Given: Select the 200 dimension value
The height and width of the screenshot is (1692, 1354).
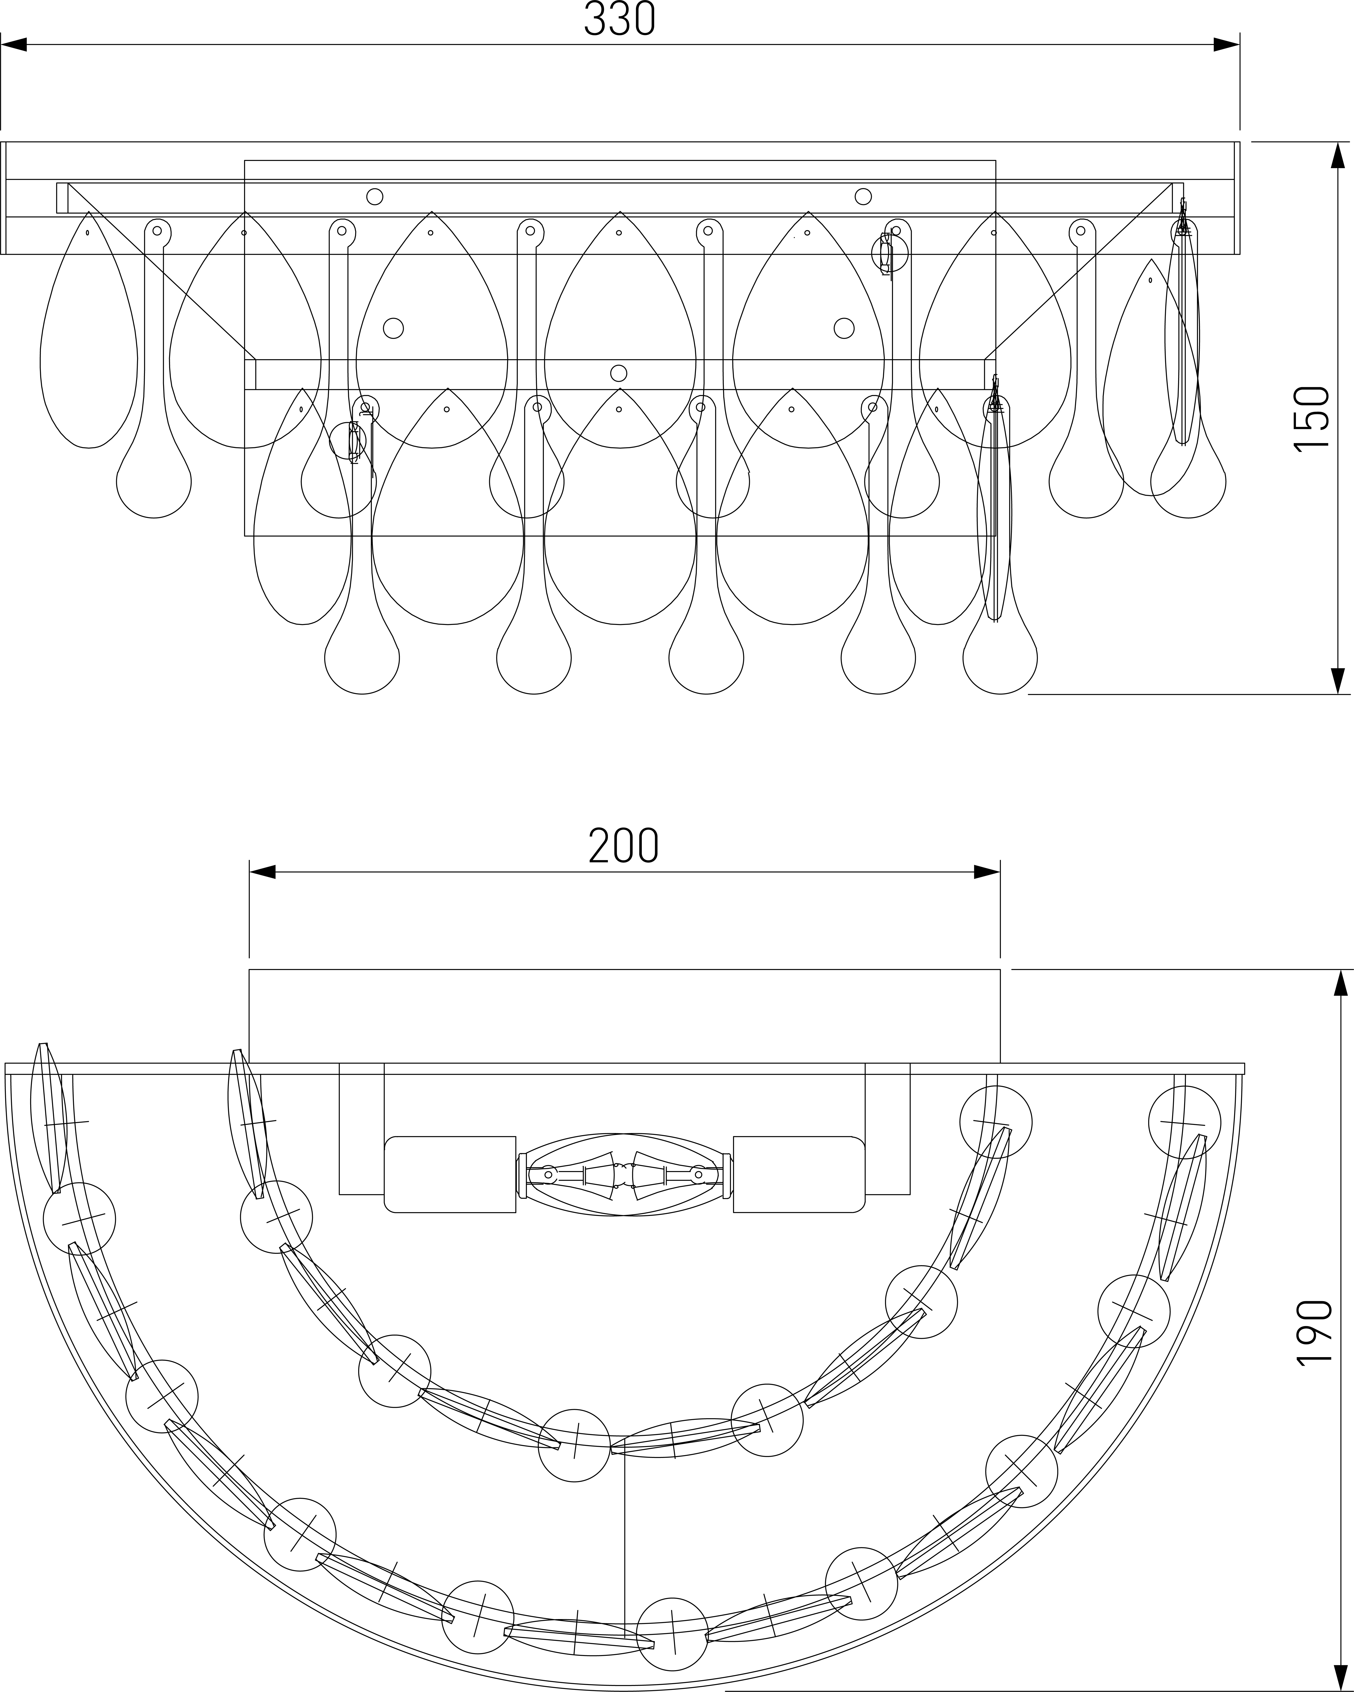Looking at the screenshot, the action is point(624,845).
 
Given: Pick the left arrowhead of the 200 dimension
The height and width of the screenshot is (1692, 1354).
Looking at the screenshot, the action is point(262,872).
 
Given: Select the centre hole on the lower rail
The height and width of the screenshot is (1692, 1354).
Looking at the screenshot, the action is point(619,373).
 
